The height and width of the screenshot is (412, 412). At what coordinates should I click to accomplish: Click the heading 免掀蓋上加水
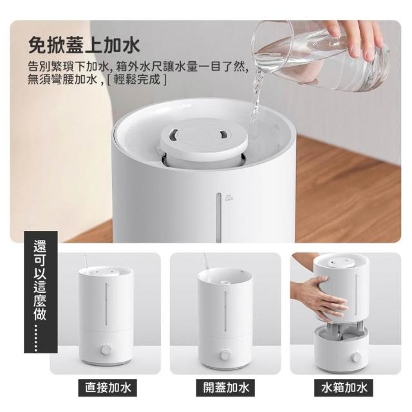point(84,46)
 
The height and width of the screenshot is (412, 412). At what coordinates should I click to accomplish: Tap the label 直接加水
point(108,388)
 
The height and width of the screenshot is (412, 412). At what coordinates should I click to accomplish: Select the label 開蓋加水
point(226,388)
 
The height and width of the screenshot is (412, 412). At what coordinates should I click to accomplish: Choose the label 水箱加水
point(344,388)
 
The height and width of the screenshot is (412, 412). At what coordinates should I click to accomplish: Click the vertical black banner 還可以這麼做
point(41,292)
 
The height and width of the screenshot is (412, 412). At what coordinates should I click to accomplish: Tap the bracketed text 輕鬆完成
point(137,79)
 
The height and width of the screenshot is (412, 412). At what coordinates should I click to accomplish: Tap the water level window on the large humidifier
point(219,218)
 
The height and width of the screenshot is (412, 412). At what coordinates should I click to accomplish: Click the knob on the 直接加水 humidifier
point(106,349)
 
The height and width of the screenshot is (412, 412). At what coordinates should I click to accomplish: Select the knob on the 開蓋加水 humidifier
point(225,355)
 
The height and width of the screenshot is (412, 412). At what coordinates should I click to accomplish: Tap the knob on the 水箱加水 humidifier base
point(357,357)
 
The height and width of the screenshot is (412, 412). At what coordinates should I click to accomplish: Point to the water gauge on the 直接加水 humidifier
point(106,304)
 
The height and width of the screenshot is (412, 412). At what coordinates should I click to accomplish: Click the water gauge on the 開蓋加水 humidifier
point(225,310)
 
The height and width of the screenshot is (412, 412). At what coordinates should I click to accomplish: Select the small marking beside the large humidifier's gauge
point(229,198)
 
